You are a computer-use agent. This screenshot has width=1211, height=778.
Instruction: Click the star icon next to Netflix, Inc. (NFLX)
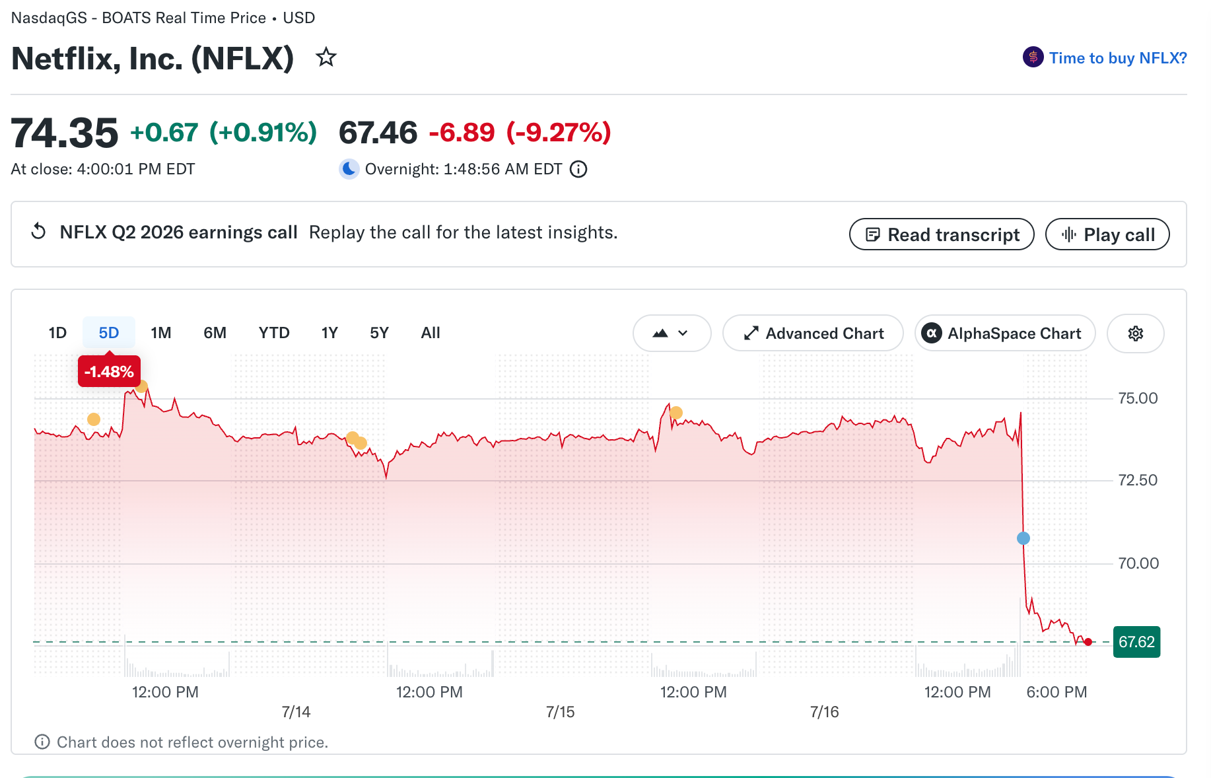point(326,57)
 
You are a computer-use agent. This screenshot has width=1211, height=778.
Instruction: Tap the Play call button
point(1107,234)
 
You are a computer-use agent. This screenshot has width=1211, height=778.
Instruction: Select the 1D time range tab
point(57,333)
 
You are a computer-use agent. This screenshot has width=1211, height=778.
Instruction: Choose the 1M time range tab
point(161,333)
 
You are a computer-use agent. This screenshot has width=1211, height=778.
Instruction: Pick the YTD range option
point(274,333)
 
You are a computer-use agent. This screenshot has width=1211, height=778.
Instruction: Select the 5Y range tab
point(379,333)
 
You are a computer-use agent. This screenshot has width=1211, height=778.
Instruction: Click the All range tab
point(431,333)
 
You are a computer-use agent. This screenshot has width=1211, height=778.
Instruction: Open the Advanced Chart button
point(813,334)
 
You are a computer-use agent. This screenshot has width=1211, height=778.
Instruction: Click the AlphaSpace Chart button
point(1005,334)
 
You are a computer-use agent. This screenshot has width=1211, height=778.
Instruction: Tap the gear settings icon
point(1136,334)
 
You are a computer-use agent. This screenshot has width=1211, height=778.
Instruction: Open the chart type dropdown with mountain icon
point(672,334)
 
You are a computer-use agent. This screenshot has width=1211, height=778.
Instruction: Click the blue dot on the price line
point(1023,538)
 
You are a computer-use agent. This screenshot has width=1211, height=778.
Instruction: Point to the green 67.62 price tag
point(1136,642)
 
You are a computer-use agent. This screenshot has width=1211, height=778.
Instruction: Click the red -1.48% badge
point(109,371)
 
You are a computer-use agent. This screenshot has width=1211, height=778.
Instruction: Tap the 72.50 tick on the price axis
point(1138,480)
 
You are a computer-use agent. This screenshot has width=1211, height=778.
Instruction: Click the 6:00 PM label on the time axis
point(1056,692)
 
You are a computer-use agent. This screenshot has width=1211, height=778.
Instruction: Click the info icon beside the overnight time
point(578,169)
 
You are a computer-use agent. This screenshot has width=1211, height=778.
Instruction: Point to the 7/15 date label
point(561,712)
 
